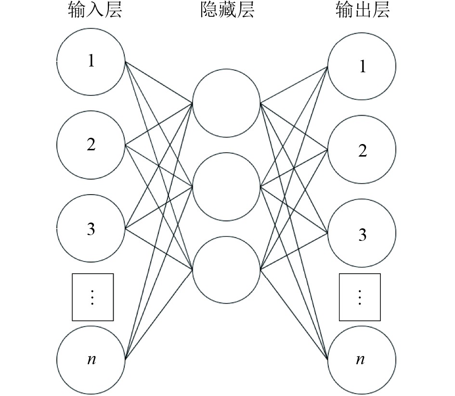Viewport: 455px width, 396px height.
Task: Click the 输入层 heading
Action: point(94,11)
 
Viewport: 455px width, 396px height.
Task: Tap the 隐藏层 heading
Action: point(227,11)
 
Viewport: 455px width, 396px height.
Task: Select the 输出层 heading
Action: point(362,11)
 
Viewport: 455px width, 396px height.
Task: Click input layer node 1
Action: point(91,62)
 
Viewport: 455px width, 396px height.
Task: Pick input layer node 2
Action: point(91,145)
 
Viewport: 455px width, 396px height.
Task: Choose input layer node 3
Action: point(91,228)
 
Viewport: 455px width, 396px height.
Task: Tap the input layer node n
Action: point(91,359)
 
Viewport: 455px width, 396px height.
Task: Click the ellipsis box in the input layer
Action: point(93,297)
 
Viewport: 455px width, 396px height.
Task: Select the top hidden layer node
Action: point(226,103)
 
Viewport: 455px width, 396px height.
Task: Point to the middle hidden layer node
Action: point(226,186)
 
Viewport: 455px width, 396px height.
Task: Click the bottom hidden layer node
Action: point(226,269)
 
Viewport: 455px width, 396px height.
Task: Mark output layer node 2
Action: point(362,150)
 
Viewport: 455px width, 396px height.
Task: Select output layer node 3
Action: point(362,234)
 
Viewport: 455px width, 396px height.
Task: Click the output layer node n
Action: point(362,359)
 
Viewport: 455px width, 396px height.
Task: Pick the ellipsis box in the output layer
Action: point(360,297)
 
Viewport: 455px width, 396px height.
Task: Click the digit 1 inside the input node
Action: point(91,62)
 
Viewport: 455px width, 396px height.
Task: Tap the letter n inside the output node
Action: point(360,360)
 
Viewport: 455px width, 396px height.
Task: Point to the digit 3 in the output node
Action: point(362,235)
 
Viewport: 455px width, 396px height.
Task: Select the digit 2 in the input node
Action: point(91,145)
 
